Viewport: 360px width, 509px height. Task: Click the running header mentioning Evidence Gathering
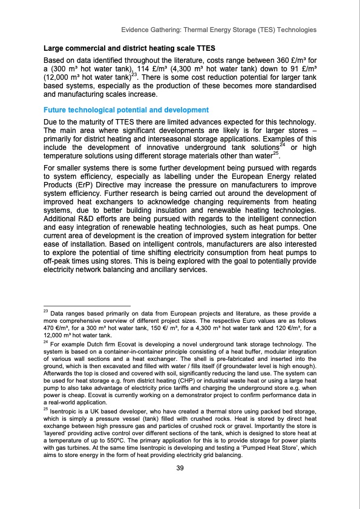click(218, 29)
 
